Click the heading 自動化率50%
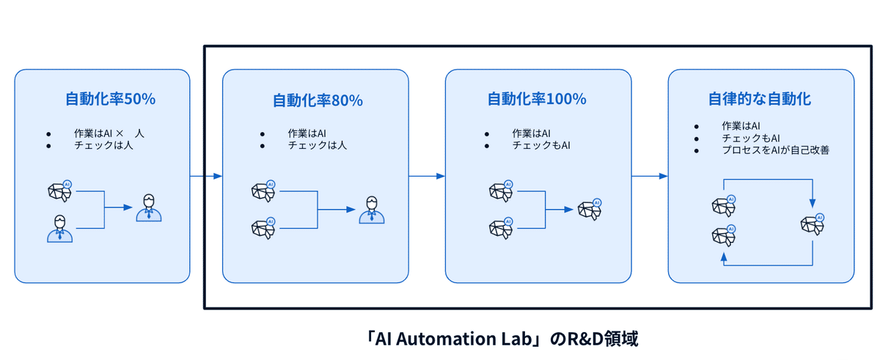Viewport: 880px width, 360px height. coord(110,99)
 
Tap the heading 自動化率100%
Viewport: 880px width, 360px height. coord(538,99)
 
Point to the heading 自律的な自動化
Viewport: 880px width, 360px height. coord(759,99)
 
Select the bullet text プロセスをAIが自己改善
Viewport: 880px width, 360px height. coord(775,150)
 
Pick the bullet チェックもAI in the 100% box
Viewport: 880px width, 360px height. coord(540,145)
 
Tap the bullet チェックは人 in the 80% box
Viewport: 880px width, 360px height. coord(318,145)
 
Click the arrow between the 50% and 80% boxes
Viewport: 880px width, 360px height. coord(206,176)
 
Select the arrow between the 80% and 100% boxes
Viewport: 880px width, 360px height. coord(427,176)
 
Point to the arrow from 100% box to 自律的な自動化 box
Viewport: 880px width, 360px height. coord(650,176)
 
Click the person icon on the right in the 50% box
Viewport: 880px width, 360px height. coord(149,208)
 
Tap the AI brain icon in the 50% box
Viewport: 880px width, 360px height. coord(59,191)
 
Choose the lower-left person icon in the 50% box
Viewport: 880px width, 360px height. coord(59,227)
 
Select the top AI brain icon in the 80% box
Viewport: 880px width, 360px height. coord(264,191)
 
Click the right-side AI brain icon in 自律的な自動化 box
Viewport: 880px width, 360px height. coord(813,224)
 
